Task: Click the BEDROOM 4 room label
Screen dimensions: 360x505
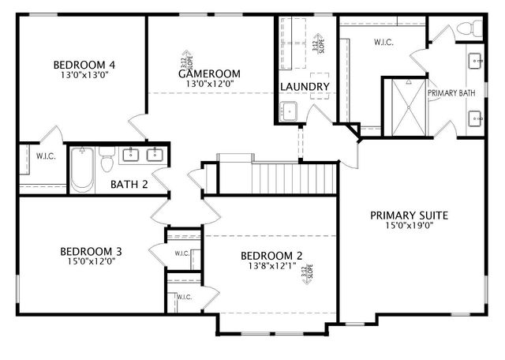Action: click(84, 65)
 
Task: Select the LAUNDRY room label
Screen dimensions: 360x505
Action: click(305, 86)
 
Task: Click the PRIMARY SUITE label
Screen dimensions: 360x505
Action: click(409, 214)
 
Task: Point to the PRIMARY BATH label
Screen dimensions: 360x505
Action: click(451, 92)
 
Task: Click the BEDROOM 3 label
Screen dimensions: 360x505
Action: click(91, 252)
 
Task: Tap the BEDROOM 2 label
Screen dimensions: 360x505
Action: click(271, 255)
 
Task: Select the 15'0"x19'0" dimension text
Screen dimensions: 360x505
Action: click(409, 225)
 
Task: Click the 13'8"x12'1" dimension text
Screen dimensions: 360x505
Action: click(271, 266)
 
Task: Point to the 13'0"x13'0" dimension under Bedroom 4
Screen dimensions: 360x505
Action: click(84, 76)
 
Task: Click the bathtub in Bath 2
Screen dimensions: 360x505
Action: click(83, 169)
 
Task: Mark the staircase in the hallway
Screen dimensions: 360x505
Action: click(294, 173)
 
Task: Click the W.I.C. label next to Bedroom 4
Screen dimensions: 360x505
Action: click(45, 156)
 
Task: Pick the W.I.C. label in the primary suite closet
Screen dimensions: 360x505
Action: click(383, 42)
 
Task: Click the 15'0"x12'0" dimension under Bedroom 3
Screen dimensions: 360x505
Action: click(91, 263)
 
